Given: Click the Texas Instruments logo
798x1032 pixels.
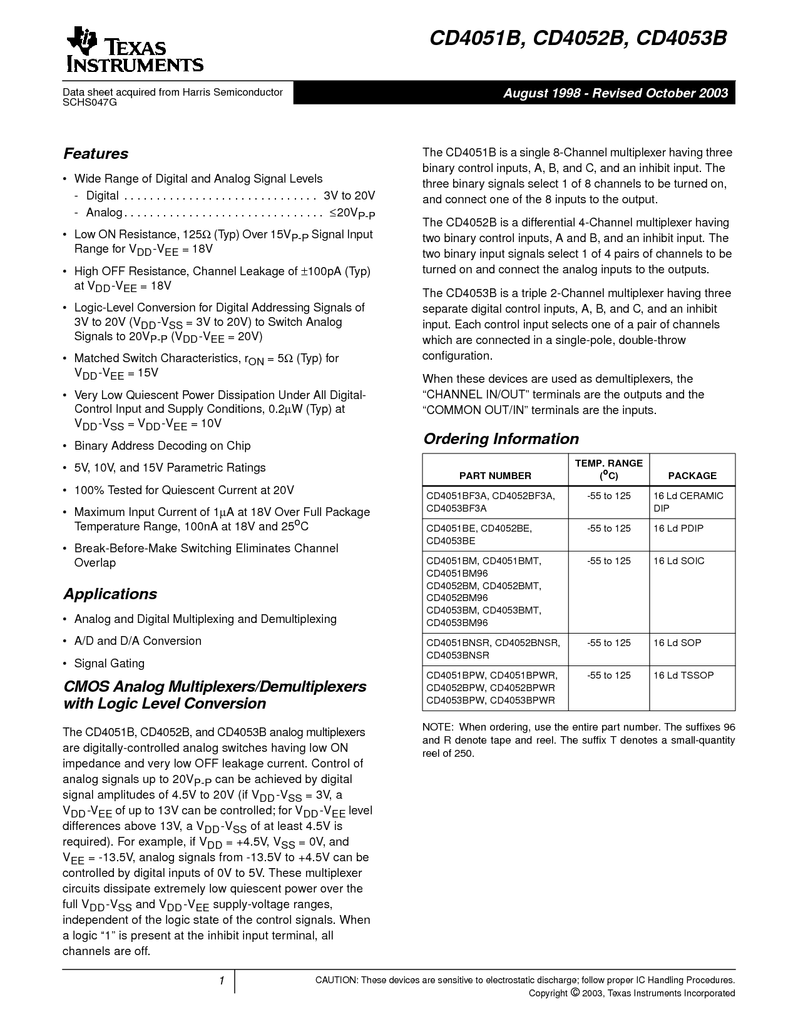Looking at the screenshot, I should click(x=133, y=51).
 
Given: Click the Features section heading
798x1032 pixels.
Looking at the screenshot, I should click(x=96, y=154).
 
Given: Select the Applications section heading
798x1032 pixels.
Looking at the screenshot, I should click(x=110, y=594).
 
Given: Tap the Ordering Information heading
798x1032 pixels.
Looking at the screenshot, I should click(x=501, y=439).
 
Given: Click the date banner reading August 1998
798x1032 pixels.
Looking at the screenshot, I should click(x=616, y=93).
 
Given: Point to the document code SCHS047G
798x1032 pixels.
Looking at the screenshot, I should click(x=90, y=103).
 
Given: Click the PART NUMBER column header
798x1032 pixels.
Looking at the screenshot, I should click(x=495, y=475).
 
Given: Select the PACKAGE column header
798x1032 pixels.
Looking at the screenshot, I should click(x=692, y=475).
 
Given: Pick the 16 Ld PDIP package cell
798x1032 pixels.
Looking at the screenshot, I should click(x=678, y=529).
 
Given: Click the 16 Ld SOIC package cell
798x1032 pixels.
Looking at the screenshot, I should click(x=679, y=561).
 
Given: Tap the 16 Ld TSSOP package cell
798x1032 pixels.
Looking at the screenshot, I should click(x=683, y=675).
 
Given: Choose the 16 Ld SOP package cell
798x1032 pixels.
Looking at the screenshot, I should click(x=677, y=643).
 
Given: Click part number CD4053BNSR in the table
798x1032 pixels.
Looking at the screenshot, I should click(x=458, y=655).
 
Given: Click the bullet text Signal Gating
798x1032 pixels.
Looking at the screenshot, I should click(x=109, y=664).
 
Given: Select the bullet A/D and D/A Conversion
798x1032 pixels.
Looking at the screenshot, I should click(x=138, y=641).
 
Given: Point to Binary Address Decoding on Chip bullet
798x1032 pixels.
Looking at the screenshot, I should click(x=162, y=446).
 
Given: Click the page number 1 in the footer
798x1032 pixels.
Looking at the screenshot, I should click(x=222, y=981).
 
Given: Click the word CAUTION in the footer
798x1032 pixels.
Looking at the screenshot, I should click(x=335, y=980).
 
